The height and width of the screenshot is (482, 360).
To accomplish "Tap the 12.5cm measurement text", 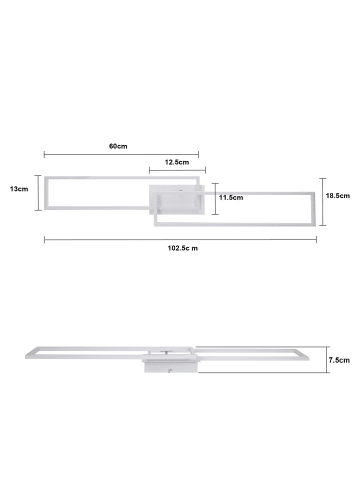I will (177, 161).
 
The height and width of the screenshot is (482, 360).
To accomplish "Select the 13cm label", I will (17, 187).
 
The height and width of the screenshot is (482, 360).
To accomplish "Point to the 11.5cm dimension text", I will (232, 198).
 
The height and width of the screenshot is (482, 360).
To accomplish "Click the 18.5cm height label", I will (339, 196).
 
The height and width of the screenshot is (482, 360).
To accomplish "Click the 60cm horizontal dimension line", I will (120, 154).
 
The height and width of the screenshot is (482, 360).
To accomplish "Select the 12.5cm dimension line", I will (175, 169).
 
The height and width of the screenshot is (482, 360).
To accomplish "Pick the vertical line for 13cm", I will (37, 194).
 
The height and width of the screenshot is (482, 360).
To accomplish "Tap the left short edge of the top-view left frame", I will (47, 195).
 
